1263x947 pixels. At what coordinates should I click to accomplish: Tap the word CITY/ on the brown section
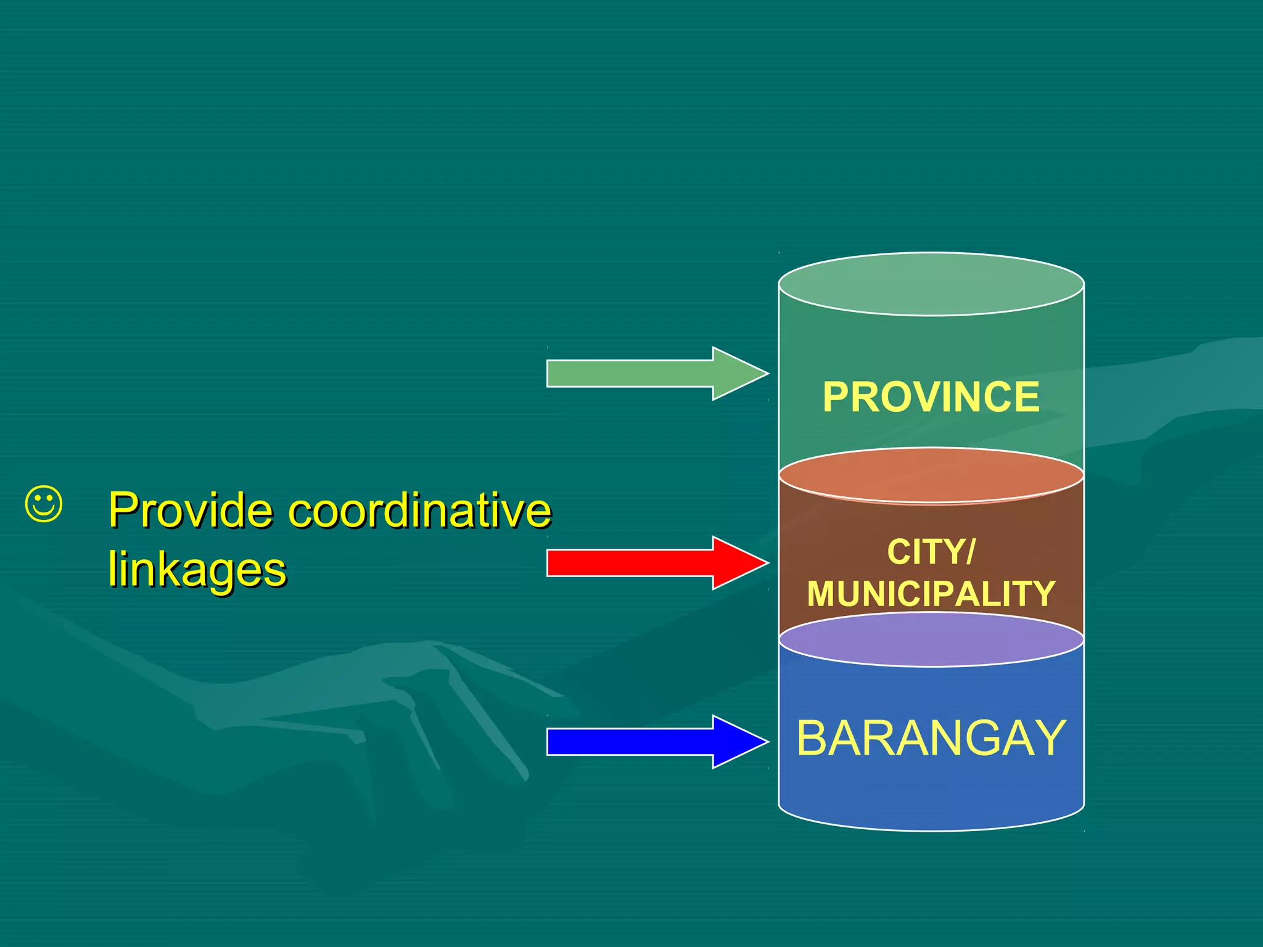coord(931,552)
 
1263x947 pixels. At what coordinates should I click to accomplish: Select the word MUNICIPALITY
coord(931,594)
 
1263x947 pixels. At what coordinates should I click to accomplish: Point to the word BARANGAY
coord(931,738)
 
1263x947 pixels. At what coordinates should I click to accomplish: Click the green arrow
coord(648,374)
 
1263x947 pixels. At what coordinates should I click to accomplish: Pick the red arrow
coord(648,563)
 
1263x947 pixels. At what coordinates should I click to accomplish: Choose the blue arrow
coord(648,742)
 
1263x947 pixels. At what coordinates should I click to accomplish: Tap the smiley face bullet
coord(44,504)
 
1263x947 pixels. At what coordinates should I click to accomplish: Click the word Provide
coord(191,511)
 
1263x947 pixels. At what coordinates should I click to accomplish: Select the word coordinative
coord(420,510)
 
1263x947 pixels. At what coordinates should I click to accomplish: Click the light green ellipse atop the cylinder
coord(931,284)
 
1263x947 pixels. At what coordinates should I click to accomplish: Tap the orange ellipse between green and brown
coord(931,475)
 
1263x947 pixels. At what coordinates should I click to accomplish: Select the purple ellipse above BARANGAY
coord(931,639)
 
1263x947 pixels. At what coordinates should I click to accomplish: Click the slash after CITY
coord(971,552)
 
